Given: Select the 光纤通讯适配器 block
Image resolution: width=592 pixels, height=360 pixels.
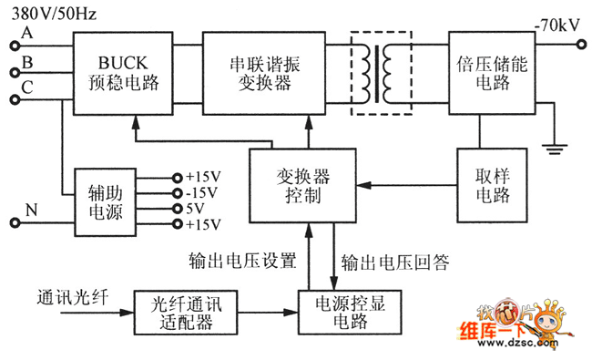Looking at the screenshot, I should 179,314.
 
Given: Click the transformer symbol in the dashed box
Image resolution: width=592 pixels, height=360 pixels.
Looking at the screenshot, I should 382,73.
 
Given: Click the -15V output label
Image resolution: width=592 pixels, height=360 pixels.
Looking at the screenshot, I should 201,192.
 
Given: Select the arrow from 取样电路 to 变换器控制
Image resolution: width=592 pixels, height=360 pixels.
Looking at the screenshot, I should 410,186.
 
